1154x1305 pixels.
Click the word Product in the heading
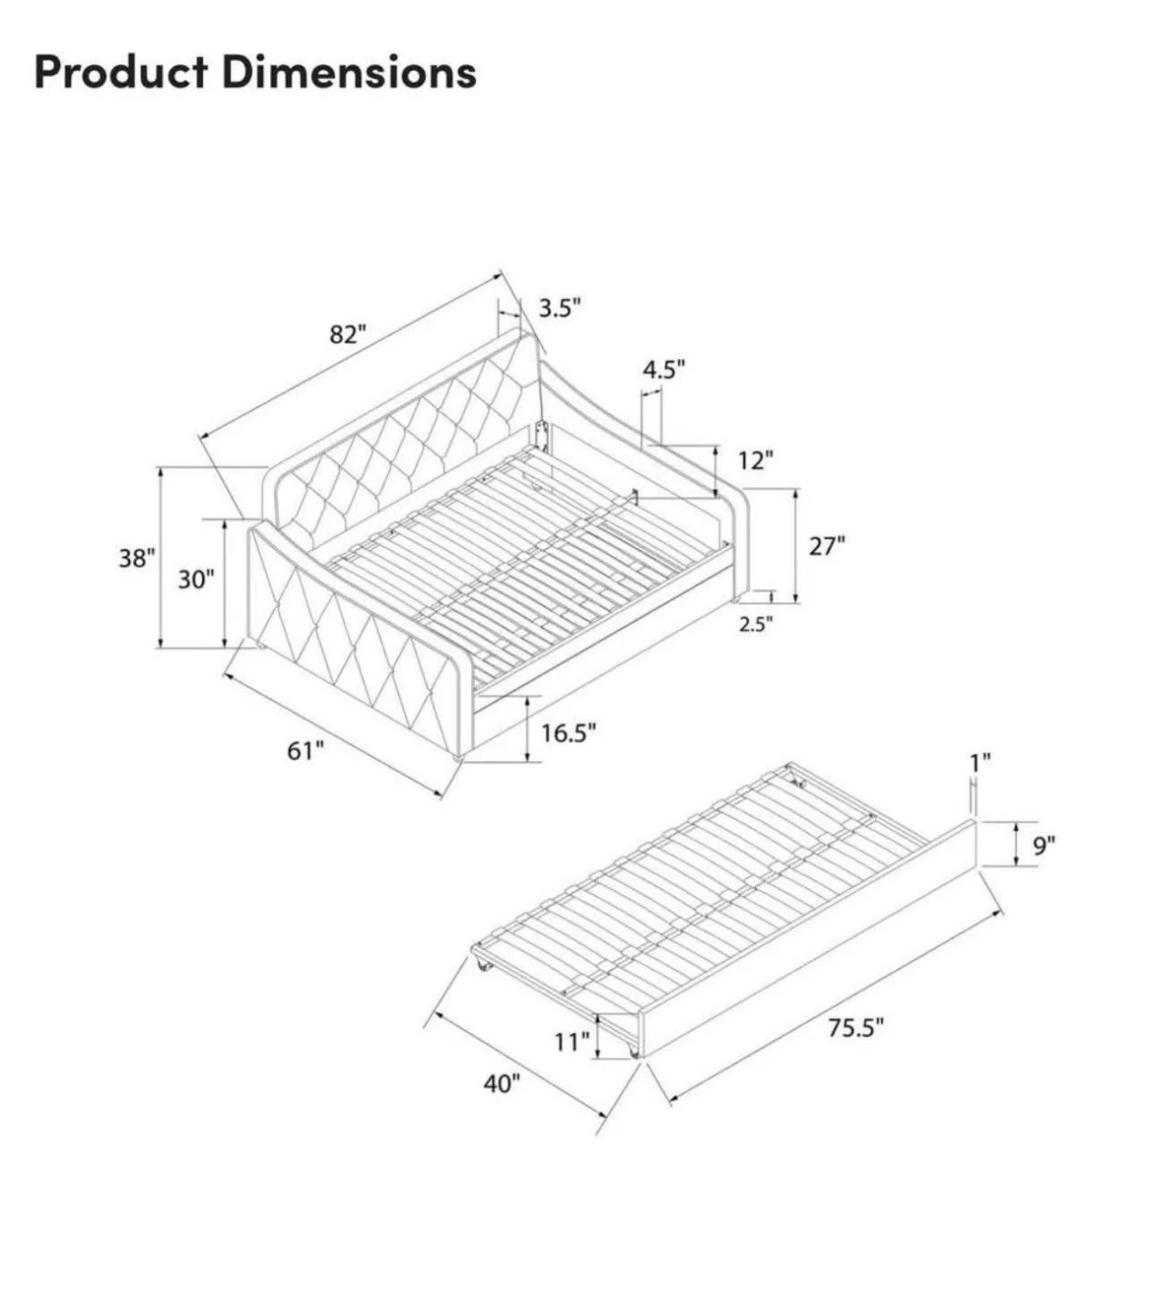click(x=121, y=72)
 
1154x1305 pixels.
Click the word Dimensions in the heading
click(x=350, y=72)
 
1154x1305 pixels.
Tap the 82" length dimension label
click(x=348, y=334)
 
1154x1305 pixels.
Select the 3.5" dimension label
click(x=560, y=308)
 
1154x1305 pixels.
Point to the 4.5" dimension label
click(x=664, y=370)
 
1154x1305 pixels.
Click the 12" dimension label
click(x=755, y=460)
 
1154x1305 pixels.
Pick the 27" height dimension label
click(x=827, y=546)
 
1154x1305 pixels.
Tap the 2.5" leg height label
click(x=755, y=623)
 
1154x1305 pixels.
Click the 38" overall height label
click(x=137, y=558)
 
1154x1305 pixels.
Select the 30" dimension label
click(x=196, y=580)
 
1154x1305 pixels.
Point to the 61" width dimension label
click(x=305, y=750)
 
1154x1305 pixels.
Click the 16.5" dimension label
click(x=568, y=732)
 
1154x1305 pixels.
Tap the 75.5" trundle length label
click(x=856, y=1028)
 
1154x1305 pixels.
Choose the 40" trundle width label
click(x=501, y=1083)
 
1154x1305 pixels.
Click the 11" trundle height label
click(x=572, y=1041)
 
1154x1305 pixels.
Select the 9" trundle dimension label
click(x=1044, y=846)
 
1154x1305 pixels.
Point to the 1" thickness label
click(x=980, y=763)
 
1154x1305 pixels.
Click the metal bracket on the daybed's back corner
click(x=545, y=436)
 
